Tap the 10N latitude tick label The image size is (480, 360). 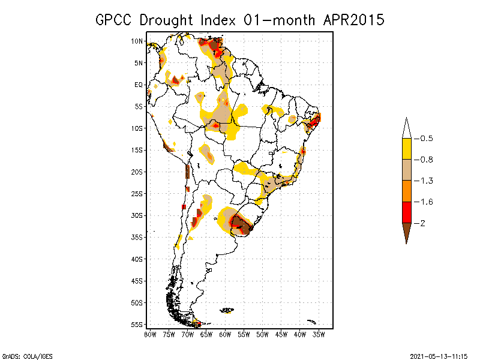pyautogui.click(x=137, y=41)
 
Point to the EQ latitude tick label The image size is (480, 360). pyautogui.click(x=139, y=85)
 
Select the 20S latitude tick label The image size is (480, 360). pyautogui.click(x=137, y=172)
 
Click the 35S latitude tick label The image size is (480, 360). pyautogui.click(x=137, y=237)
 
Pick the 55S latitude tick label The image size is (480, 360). pyautogui.click(x=137, y=325)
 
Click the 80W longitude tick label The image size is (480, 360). pyautogui.click(x=150, y=334)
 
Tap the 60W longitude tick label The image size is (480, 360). pyautogui.click(x=225, y=334)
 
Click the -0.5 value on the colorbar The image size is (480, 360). pyautogui.click(x=426, y=139)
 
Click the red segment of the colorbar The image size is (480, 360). pyautogui.click(x=406, y=212)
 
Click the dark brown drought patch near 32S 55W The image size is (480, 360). pyautogui.click(x=242, y=224)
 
